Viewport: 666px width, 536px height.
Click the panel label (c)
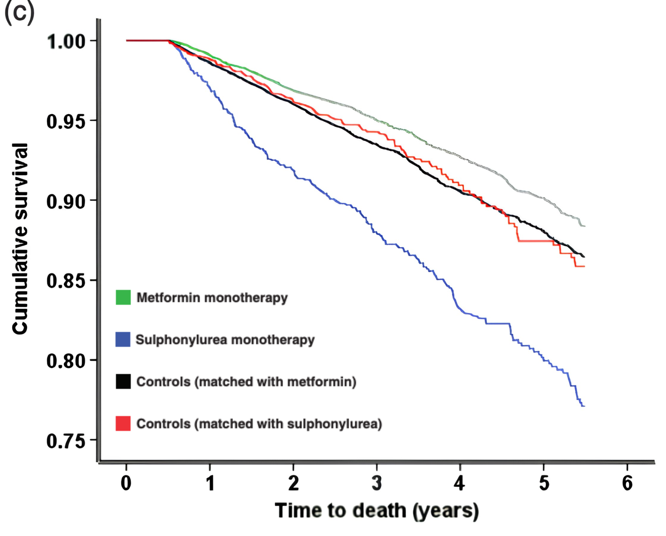(19, 12)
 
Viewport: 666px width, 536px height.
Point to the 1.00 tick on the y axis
(66, 41)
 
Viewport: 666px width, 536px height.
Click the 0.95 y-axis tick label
(66, 121)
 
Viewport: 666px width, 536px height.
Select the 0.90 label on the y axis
(66, 201)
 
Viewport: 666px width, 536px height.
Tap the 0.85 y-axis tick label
(66, 281)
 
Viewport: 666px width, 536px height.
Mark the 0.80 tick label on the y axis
(66, 361)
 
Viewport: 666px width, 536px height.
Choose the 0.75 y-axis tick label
(66, 441)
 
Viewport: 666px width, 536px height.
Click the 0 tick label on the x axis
(126, 483)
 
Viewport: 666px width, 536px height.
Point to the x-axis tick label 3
(377, 483)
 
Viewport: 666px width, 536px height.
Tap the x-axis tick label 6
(627, 483)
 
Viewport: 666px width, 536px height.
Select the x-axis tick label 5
(544, 483)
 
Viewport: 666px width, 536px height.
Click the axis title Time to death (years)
(377, 511)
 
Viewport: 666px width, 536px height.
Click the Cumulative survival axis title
(20, 239)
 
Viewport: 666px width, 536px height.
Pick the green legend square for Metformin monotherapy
(123, 297)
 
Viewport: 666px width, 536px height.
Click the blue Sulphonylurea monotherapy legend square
(123, 339)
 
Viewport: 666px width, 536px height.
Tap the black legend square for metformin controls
(123, 382)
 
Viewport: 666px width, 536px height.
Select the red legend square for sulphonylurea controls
(123, 424)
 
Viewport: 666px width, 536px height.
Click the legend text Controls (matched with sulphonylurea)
(259, 424)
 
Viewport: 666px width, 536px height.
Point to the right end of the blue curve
(584, 406)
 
